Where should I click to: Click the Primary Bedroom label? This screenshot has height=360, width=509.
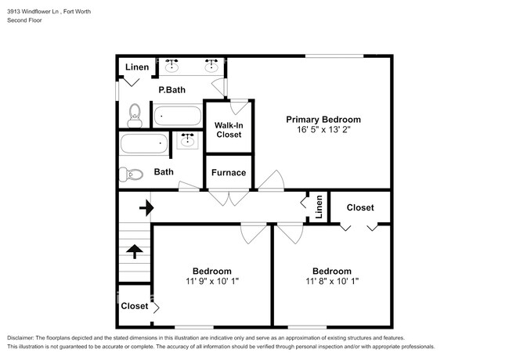323,120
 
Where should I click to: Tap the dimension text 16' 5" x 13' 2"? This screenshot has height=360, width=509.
323,131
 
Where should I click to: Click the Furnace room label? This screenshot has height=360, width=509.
229,173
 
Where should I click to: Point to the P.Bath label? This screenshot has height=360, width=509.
171,91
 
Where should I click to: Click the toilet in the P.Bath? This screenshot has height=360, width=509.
134,116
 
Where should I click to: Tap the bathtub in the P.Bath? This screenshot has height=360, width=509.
179,117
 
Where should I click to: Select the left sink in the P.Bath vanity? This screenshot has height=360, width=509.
171,67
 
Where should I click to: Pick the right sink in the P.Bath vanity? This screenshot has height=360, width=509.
211,67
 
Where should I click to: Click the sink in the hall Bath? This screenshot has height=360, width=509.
187,142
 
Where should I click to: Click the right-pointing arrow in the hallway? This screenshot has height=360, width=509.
145,208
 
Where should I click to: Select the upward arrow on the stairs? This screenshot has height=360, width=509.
134,251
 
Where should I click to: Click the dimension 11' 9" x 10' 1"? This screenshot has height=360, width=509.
211,281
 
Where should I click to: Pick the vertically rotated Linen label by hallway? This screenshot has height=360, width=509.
319,207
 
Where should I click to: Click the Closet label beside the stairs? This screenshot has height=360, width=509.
134,306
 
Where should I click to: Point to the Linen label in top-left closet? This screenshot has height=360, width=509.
137,67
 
